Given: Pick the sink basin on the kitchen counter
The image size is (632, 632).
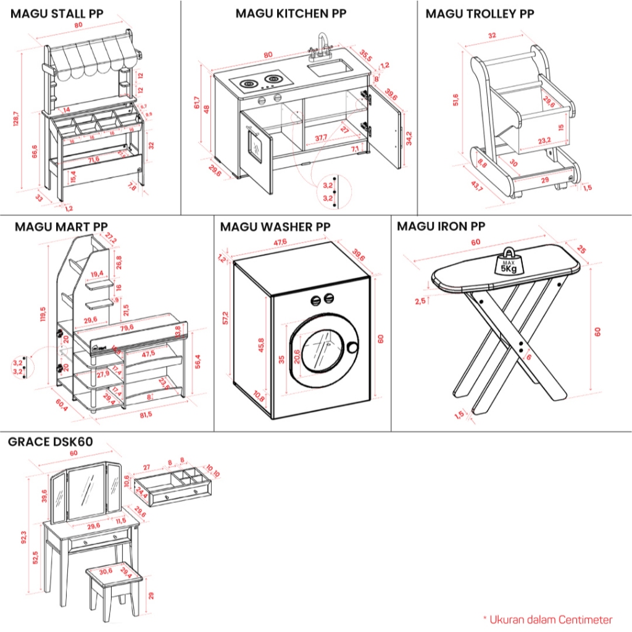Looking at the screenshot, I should (x=329, y=67).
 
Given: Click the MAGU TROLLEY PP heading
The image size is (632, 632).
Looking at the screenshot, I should (x=480, y=14).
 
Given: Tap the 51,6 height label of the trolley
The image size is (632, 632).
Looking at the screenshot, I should (x=455, y=99).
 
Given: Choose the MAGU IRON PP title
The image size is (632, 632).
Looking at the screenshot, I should (x=441, y=227).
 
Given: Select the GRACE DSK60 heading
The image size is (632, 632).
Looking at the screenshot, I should (x=51, y=442).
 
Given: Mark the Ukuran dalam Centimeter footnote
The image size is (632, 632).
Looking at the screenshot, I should (x=547, y=619).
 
